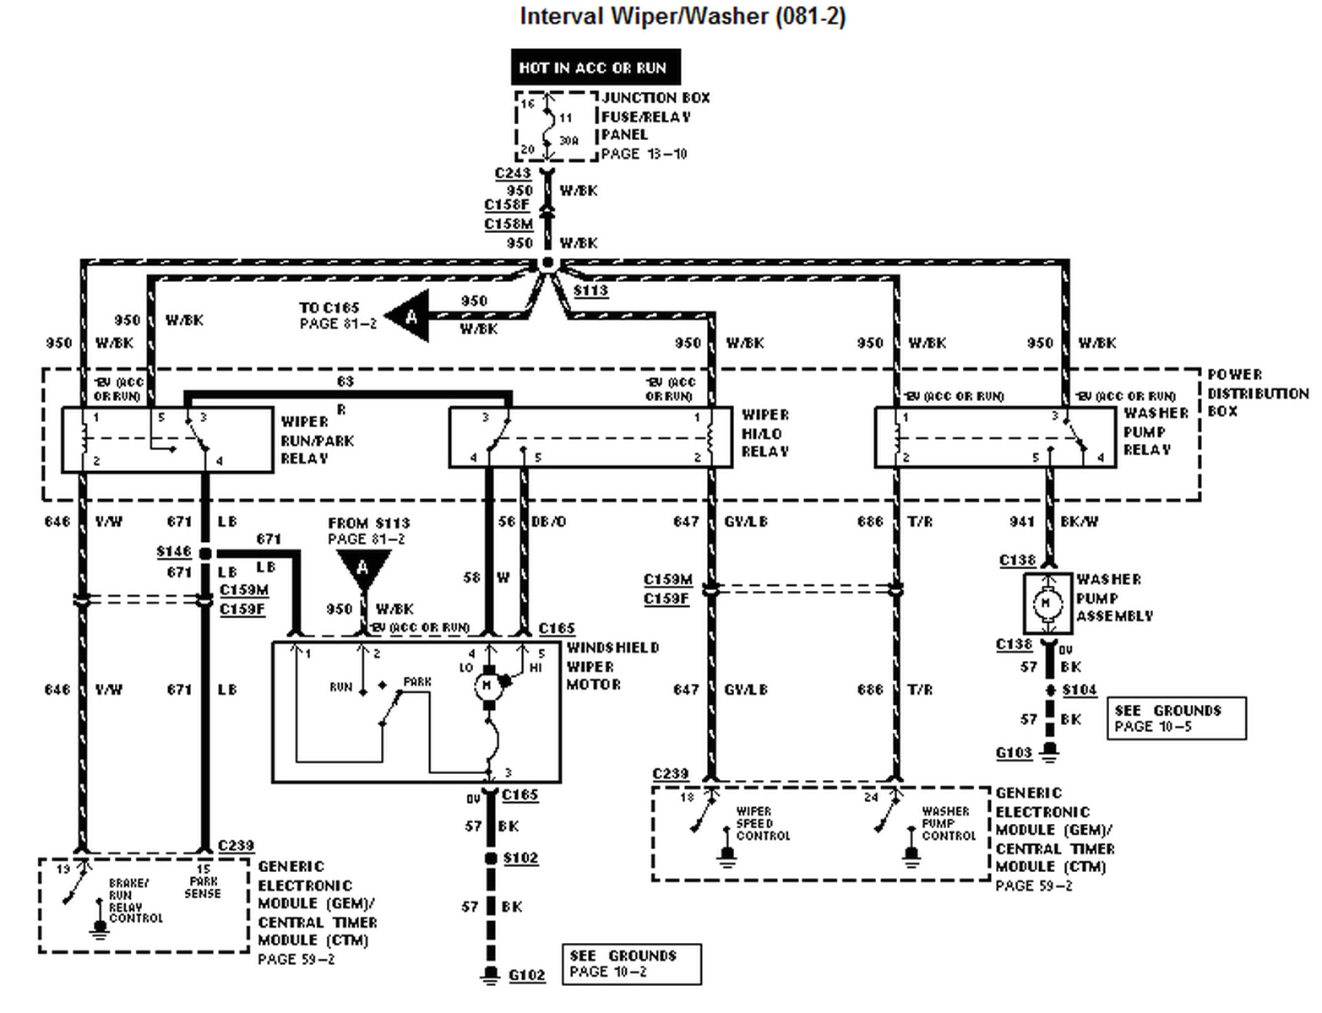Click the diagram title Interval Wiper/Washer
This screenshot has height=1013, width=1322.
[682, 17]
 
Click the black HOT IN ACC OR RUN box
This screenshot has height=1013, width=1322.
[595, 68]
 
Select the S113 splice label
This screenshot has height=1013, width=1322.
[590, 290]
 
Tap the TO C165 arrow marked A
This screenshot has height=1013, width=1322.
[410, 317]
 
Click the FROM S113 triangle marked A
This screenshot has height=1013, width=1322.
[363, 566]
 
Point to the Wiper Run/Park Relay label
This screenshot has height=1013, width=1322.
[317, 440]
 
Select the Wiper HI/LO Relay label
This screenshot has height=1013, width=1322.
[765, 433]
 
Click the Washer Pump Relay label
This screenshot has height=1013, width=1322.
[1156, 431]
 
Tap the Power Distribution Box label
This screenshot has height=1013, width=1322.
[1257, 393]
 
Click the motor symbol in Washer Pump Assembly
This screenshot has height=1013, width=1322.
[1047, 604]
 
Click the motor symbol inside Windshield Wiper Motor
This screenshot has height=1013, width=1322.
[487, 685]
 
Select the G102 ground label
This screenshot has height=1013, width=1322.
[526, 975]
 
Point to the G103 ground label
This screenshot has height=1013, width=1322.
[1014, 752]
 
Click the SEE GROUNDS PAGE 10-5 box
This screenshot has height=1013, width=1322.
[1176, 718]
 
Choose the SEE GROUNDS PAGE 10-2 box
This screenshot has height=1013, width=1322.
[631, 963]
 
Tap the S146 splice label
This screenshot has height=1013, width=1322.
[174, 551]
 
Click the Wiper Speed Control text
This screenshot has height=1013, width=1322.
[762, 823]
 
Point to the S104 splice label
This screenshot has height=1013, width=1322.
[1079, 690]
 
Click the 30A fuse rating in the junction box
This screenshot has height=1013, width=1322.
[569, 140]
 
